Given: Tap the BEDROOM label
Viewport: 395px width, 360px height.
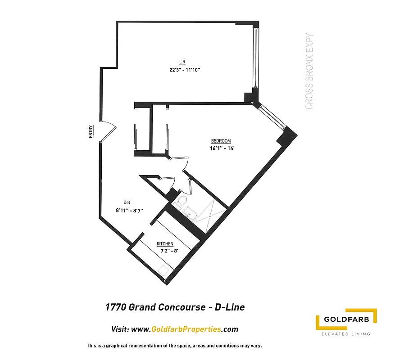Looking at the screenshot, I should tap(221, 141).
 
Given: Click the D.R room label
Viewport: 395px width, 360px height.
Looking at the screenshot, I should tap(127, 202).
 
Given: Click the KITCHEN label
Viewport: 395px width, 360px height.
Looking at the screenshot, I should tap(165, 244).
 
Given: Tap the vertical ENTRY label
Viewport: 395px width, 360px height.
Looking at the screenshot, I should tap(91, 131).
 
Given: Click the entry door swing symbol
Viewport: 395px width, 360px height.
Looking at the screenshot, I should tap(107, 131).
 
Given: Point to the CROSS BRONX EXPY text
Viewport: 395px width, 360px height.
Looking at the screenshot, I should tap(309, 72).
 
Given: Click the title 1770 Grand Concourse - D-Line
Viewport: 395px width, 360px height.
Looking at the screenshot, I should tap(175, 307).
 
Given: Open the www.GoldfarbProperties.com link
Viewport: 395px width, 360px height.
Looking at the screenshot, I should tap(185, 329).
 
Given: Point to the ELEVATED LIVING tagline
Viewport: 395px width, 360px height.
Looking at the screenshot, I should tap(345, 334).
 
